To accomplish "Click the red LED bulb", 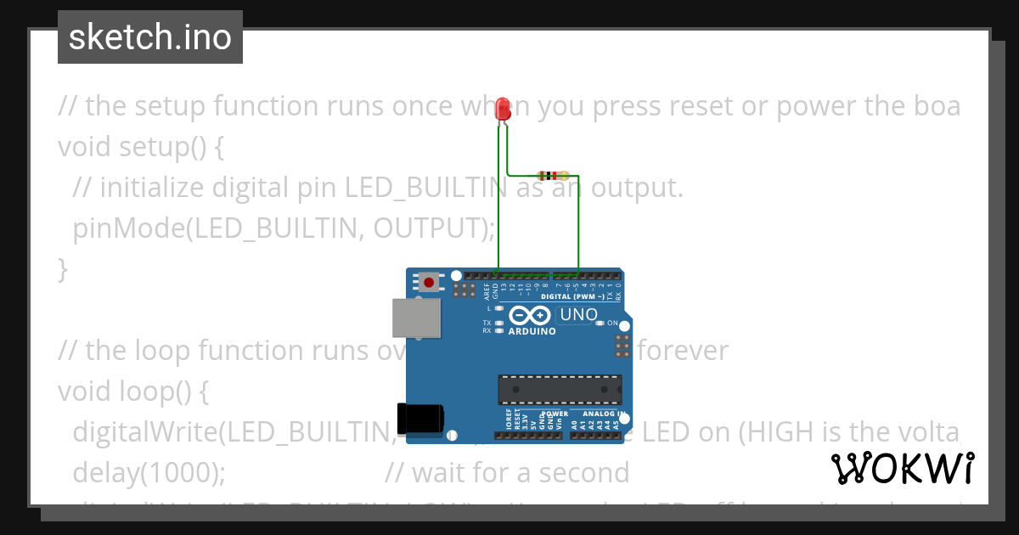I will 503,109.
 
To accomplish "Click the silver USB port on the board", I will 416,318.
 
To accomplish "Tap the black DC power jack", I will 421,418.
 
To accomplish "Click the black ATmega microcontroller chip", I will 559,390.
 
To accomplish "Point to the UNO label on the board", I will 579,315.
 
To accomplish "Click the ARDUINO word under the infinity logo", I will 532,332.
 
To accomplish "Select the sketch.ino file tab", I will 150,37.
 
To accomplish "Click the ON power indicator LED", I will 600,324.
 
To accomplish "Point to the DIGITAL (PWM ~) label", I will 571,297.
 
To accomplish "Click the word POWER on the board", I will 555,414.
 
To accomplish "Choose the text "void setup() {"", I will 141,147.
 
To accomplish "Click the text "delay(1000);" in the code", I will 149,472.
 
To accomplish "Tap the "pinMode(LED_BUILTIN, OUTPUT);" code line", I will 284,228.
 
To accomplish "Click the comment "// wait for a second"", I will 507,472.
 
